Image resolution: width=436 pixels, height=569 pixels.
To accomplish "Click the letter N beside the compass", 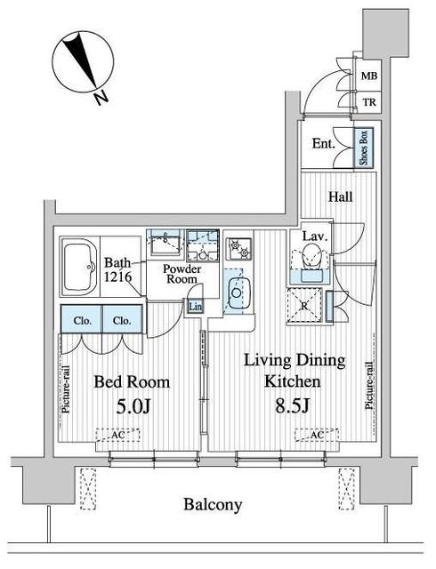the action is click(x=101, y=97).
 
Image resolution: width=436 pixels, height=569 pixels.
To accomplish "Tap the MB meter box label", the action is click(x=369, y=76).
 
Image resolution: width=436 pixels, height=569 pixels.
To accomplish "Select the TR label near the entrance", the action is click(x=369, y=103).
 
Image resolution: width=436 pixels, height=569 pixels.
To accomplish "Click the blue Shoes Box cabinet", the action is click(x=364, y=148).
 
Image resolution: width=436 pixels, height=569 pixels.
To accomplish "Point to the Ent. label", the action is click(x=323, y=144).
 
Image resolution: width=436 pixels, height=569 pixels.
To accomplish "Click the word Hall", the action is click(x=341, y=196).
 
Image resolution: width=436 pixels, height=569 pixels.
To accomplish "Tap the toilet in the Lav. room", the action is click(x=311, y=255).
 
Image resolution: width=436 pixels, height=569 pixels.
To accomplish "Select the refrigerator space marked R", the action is click(x=304, y=305).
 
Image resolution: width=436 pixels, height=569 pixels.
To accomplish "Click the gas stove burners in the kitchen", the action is click(x=238, y=248).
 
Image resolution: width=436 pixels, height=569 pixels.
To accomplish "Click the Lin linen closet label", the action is click(x=195, y=307).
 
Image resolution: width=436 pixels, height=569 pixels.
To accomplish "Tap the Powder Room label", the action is click(x=182, y=274).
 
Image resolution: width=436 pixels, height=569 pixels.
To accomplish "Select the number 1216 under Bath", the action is click(x=117, y=277).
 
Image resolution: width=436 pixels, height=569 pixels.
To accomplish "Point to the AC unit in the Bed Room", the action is click(x=117, y=435).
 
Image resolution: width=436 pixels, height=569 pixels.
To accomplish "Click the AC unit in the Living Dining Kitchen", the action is click(x=317, y=435).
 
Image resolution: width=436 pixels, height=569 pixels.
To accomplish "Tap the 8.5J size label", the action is click(x=292, y=406).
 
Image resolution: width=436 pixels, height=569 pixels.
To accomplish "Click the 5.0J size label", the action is click(x=133, y=407).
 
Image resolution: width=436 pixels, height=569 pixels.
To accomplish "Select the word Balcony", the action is click(x=213, y=505).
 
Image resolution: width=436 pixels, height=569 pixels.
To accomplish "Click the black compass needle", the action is click(x=80, y=60).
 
